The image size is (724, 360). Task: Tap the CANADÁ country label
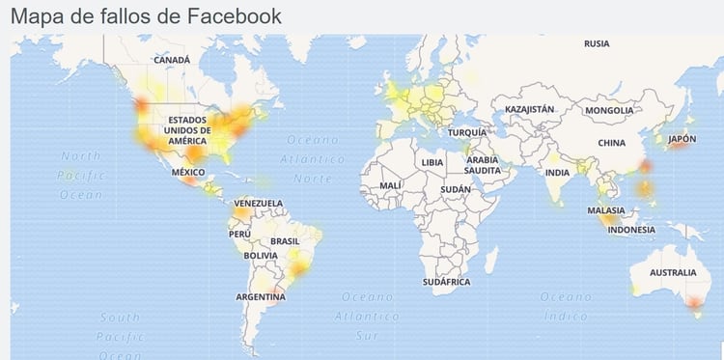tap(172, 59)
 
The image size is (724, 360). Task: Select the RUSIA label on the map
tap(597, 43)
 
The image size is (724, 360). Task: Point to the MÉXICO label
tap(188, 172)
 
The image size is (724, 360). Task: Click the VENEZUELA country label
tap(259, 203)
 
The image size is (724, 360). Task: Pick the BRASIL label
tap(285, 240)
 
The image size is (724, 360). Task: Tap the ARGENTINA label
tap(261, 297)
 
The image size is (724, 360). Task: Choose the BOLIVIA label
tap(261, 256)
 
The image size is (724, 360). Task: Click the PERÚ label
tap(238, 234)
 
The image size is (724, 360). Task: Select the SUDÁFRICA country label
tap(446, 281)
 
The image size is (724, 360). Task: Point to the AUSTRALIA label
tap(672, 273)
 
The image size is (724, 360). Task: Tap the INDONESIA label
tap(632, 230)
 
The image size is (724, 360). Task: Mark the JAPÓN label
tap(682, 139)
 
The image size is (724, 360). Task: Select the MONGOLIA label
tap(609, 111)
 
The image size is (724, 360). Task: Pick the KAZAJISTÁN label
tap(530, 110)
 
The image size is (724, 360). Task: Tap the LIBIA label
tap(432, 162)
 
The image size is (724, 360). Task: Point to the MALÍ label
tap(390, 184)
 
